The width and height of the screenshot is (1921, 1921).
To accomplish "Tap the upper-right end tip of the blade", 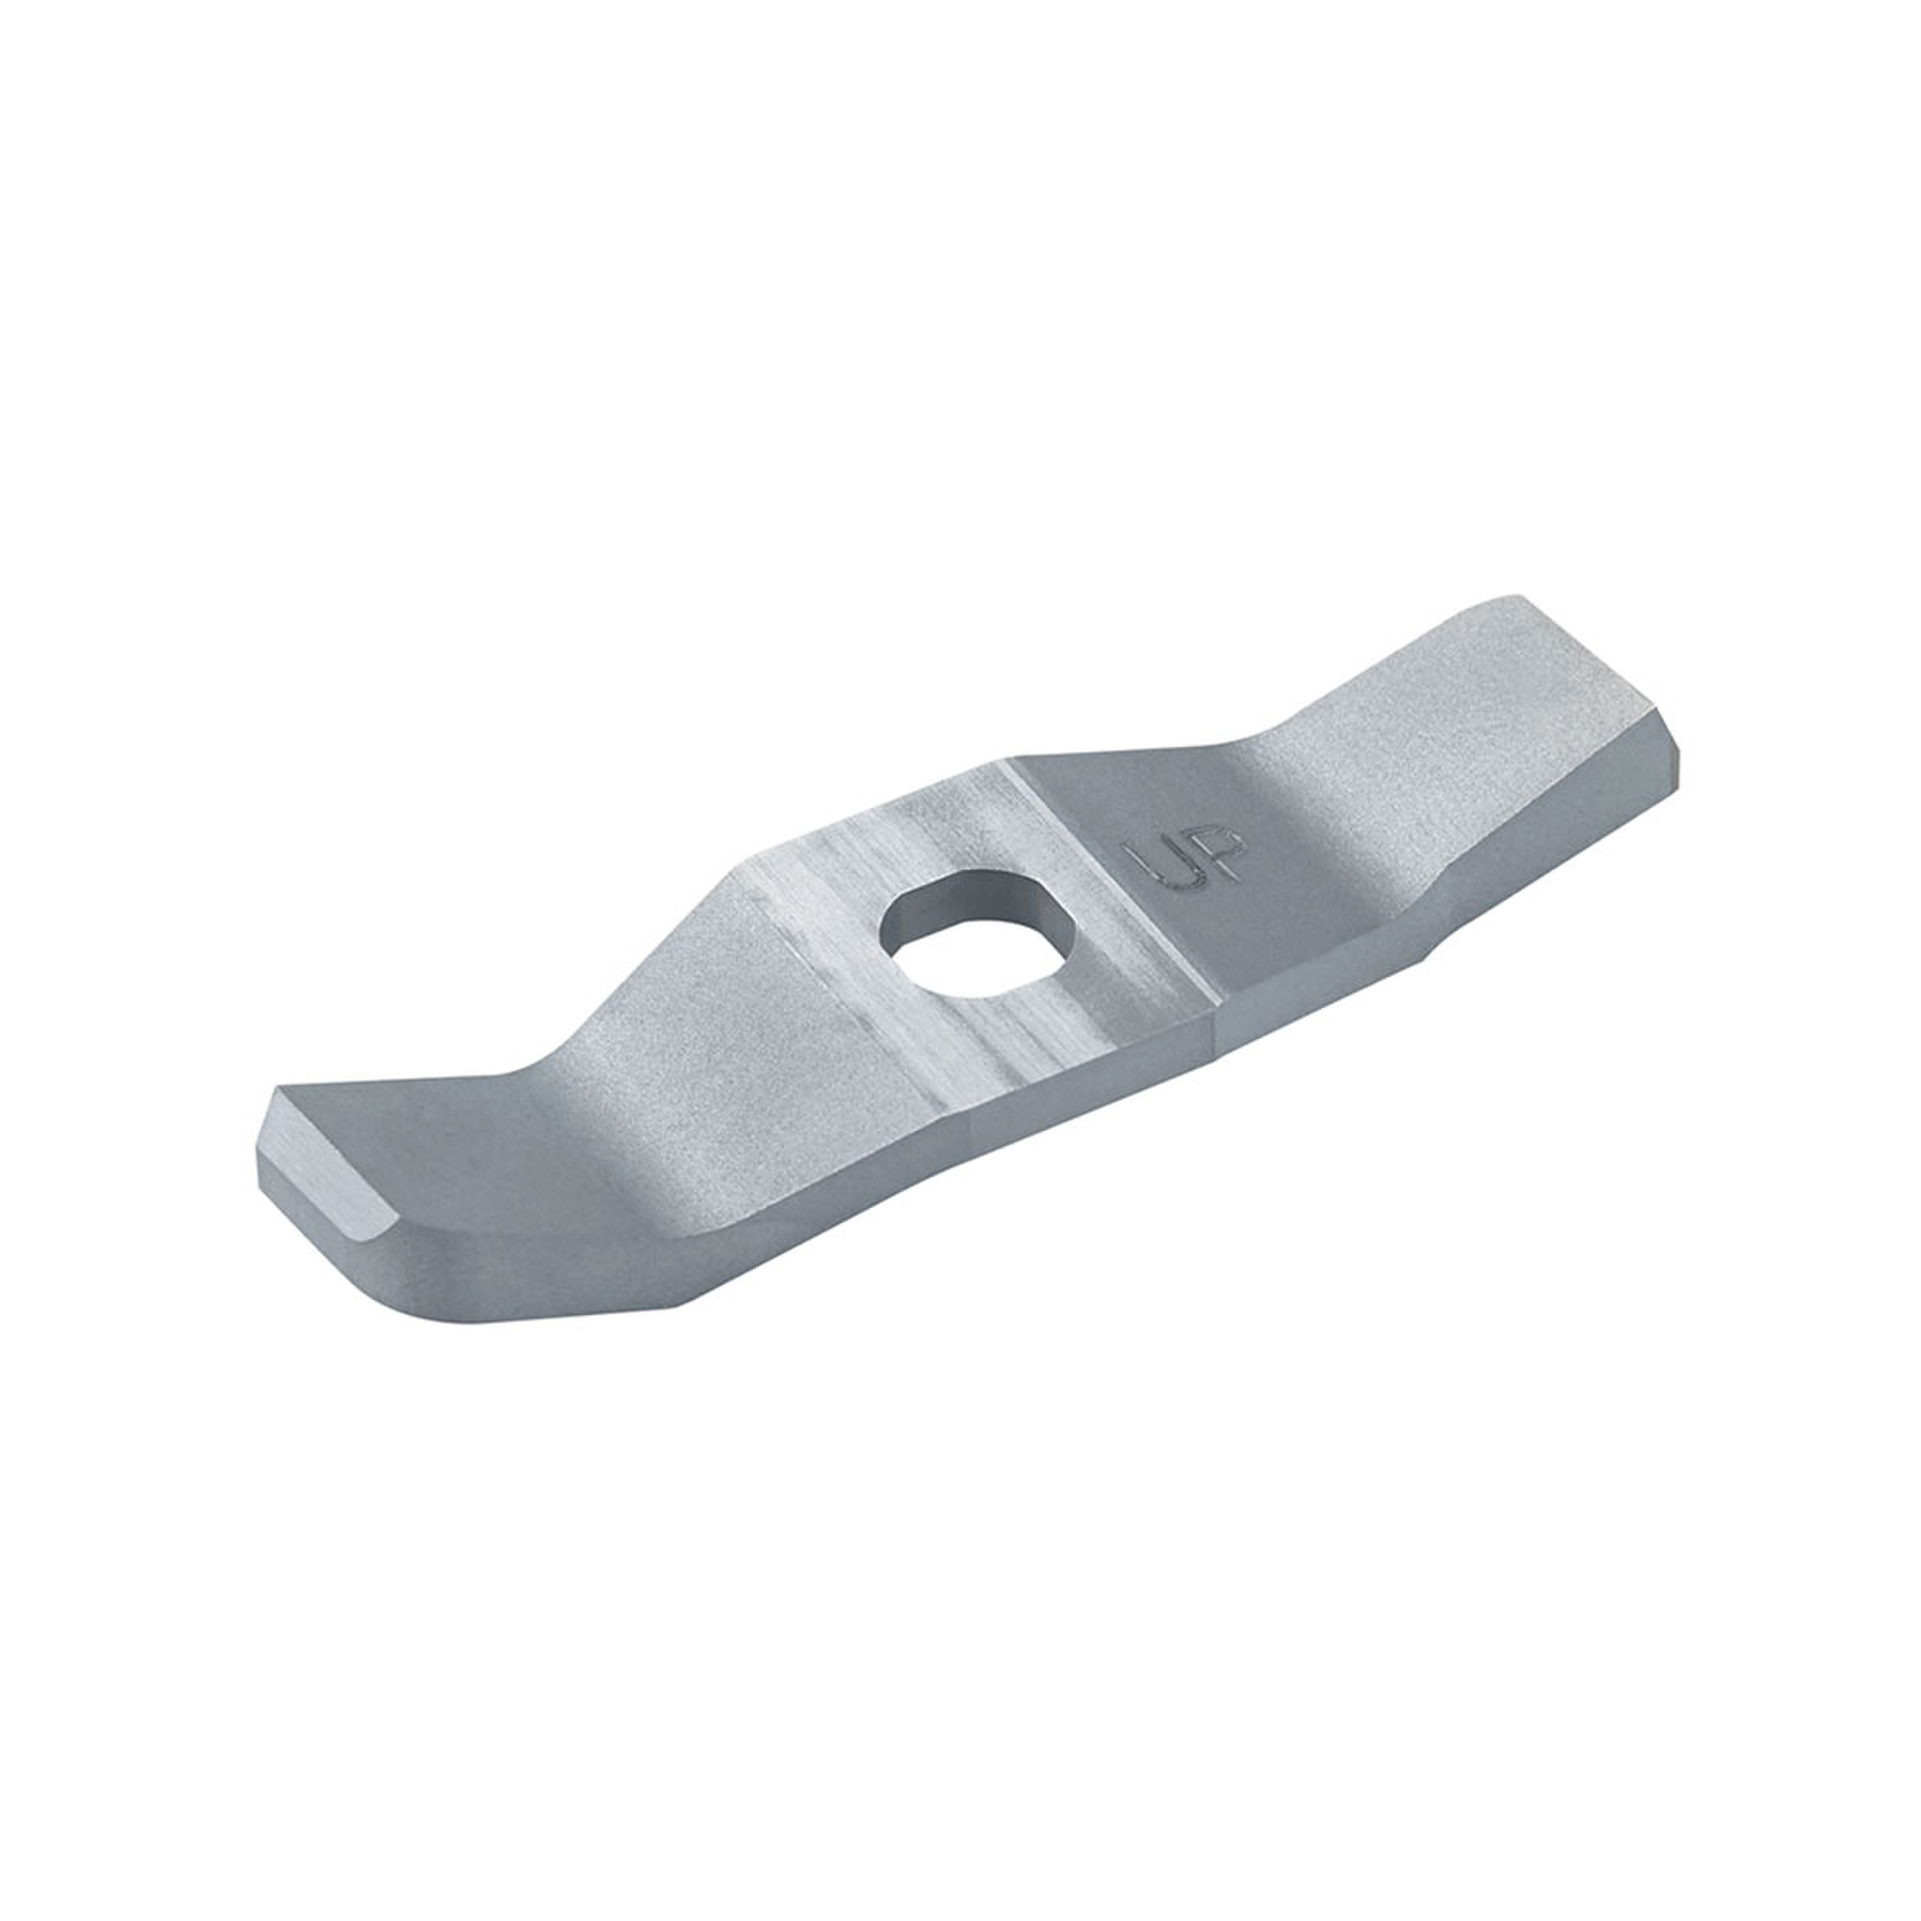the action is (1515, 596).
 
